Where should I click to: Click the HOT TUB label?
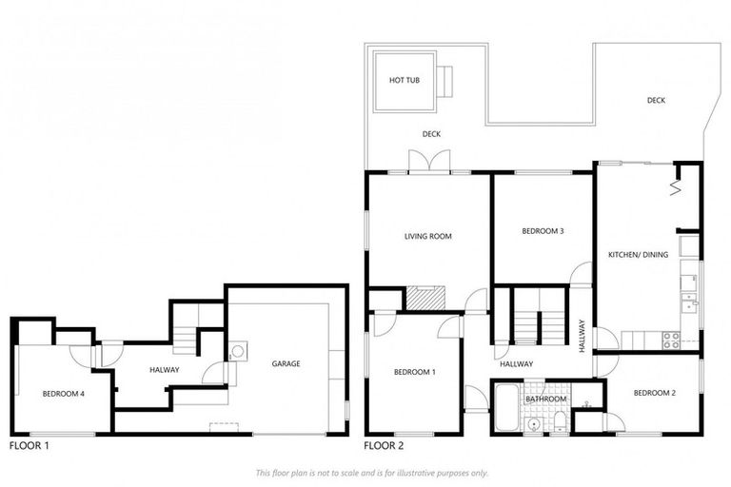(x=405, y=81)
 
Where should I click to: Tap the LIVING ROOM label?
(x=427, y=238)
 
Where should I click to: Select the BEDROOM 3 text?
(x=543, y=231)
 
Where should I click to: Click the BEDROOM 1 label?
(x=414, y=372)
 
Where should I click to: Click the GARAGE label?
(x=286, y=363)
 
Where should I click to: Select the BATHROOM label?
(x=545, y=399)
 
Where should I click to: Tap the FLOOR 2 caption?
(x=384, y=445)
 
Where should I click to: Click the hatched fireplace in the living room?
(x=425, y=299)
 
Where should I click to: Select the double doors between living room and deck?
(x=429, y=162)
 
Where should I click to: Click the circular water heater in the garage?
(x=237, y=351)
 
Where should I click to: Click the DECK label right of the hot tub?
(x=656, y=100)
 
